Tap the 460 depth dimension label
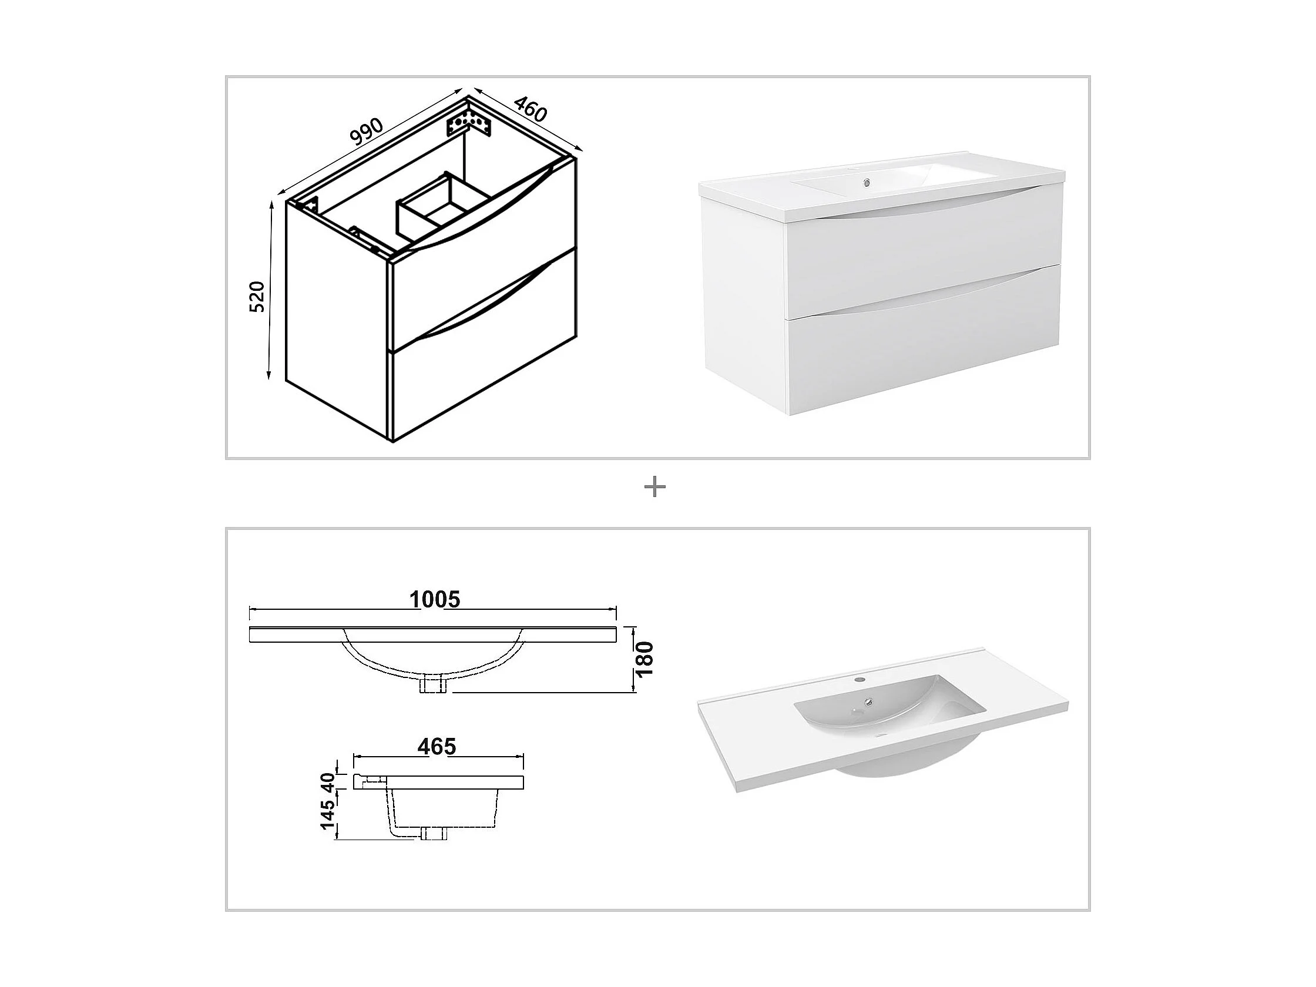point(529,108)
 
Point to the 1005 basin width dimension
point(435,599)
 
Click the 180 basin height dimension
point(645,659)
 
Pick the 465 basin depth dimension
point(437,747)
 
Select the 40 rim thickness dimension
point(328,783)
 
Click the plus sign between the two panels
point(655,488)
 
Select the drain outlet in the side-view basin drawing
point(434,832)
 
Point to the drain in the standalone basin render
point(870,703)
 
